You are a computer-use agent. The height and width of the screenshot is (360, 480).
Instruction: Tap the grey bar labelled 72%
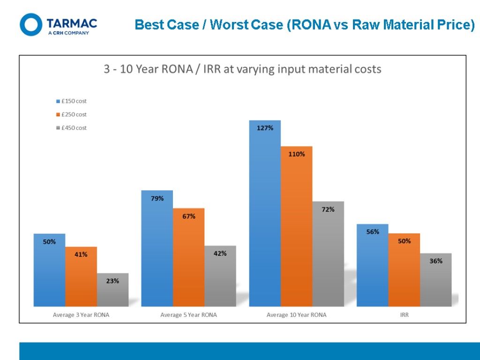coord(328,254)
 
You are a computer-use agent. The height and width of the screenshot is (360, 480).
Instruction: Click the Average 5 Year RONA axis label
coord(188,315)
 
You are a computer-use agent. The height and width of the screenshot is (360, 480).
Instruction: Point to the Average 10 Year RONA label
coord(296,315)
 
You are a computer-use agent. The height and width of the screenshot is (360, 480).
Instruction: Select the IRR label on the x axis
coord(404,315)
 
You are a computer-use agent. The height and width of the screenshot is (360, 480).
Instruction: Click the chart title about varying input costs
coord(242,69)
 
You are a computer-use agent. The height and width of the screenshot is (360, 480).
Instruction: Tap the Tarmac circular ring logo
coord(31,24)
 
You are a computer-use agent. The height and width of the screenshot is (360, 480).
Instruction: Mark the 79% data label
coord(157,199)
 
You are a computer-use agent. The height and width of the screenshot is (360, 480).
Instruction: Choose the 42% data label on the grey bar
coord(220,254)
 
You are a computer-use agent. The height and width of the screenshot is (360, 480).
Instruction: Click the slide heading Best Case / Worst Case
coord(305,25)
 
